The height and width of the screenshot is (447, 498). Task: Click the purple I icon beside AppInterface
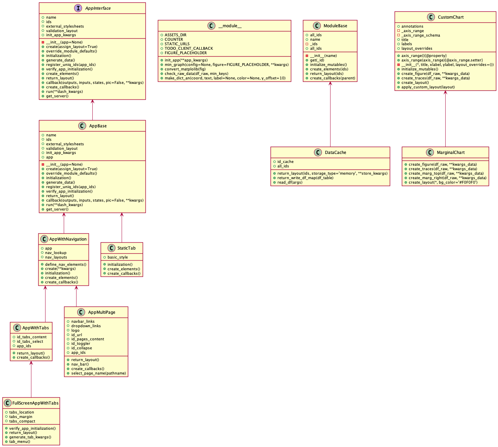click(x=78, y=8)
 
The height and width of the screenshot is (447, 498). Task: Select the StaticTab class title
click(x=126, y=248)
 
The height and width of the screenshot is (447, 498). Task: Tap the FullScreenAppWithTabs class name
click(x=35, y=403)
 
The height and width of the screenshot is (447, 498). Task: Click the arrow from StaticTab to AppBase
click(x=122, y=228)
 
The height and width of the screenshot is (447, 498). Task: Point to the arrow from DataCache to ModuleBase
click(x=330, y=114)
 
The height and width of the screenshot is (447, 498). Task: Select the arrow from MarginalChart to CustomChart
click(x=445, y=119)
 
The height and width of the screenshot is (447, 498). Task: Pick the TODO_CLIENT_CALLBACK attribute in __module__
click(x=189, y=48)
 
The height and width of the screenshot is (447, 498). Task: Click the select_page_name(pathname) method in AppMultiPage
click(x=99, y=373)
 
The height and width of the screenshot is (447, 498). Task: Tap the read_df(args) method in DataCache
click(x=289, y=182)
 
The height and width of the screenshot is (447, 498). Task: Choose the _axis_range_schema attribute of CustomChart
click(x=420, y=35)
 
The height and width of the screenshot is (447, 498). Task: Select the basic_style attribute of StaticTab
click(x=118, y=257)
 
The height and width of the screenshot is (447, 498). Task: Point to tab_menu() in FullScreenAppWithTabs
click(x=20, y=441)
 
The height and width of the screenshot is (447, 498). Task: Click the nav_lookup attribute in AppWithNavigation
click(x=55, y=253)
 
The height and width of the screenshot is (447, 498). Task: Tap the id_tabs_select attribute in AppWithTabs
click(x=30, y=341)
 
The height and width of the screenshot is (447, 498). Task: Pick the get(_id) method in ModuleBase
click(x=317, y=60)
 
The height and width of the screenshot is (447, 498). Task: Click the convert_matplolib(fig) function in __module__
click(x=185, y=69)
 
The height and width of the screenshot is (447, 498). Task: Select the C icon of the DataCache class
click(x=318, y=153)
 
